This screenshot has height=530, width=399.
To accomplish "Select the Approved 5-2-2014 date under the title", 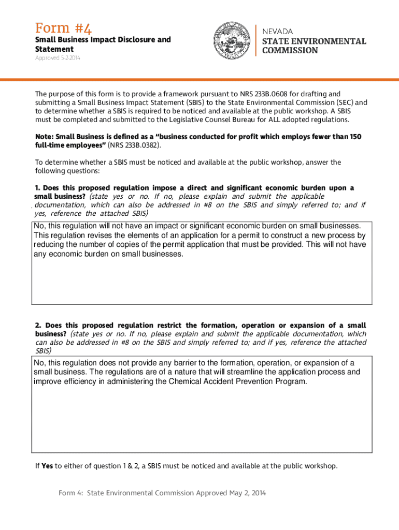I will click(x=58, y=58).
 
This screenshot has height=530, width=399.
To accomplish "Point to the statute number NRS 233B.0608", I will click(x=263, y=94).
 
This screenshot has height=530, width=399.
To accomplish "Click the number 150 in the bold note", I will click(x=355, y=136).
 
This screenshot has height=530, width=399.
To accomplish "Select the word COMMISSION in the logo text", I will click(x=290, y=51).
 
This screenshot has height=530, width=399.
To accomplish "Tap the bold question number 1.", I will click(x=37, y=187).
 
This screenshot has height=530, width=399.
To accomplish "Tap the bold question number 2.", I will click(x=38, y=325).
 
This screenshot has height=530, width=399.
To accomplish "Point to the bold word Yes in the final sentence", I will click(x=47, y=466).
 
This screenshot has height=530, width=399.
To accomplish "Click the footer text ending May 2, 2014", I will click(x=162, y=493).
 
